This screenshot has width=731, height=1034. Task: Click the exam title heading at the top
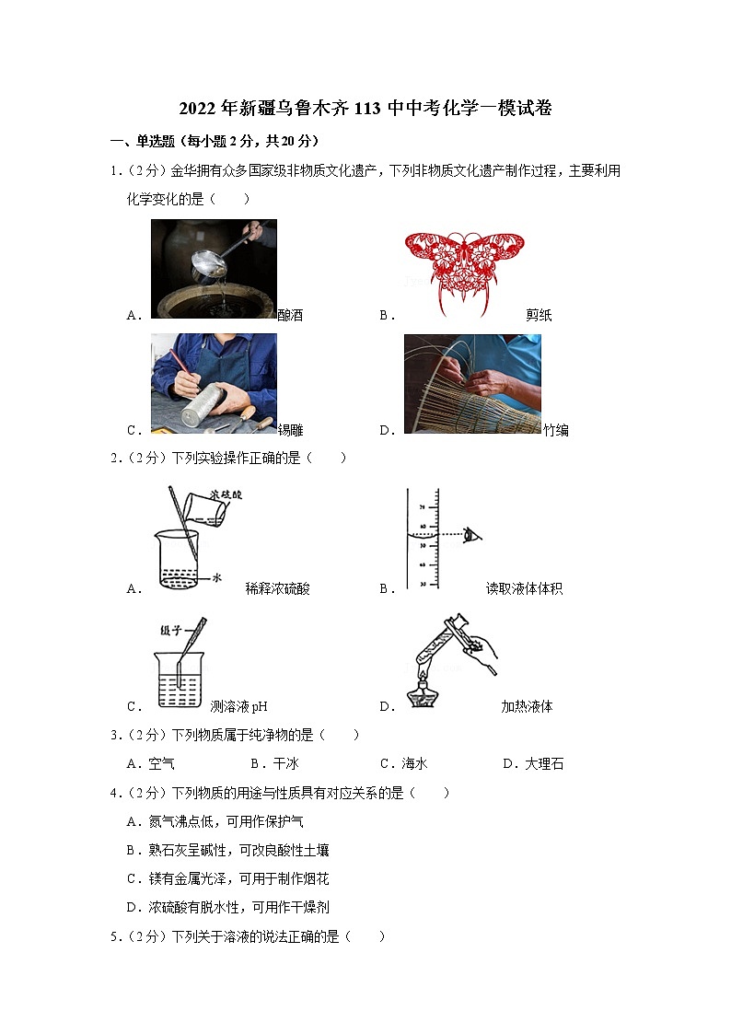365,109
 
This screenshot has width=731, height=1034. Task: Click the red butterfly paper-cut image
464,269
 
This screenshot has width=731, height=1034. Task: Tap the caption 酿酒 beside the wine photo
290,316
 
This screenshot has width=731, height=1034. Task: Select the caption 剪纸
539,316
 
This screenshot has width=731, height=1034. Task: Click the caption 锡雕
291,430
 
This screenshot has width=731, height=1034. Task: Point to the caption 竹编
555,430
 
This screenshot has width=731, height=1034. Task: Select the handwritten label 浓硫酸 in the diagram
225,495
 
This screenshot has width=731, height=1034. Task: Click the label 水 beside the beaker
218,577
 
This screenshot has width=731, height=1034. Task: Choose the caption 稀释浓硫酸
277,589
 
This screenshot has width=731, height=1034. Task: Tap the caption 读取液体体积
524,589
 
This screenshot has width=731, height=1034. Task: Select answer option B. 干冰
274,764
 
